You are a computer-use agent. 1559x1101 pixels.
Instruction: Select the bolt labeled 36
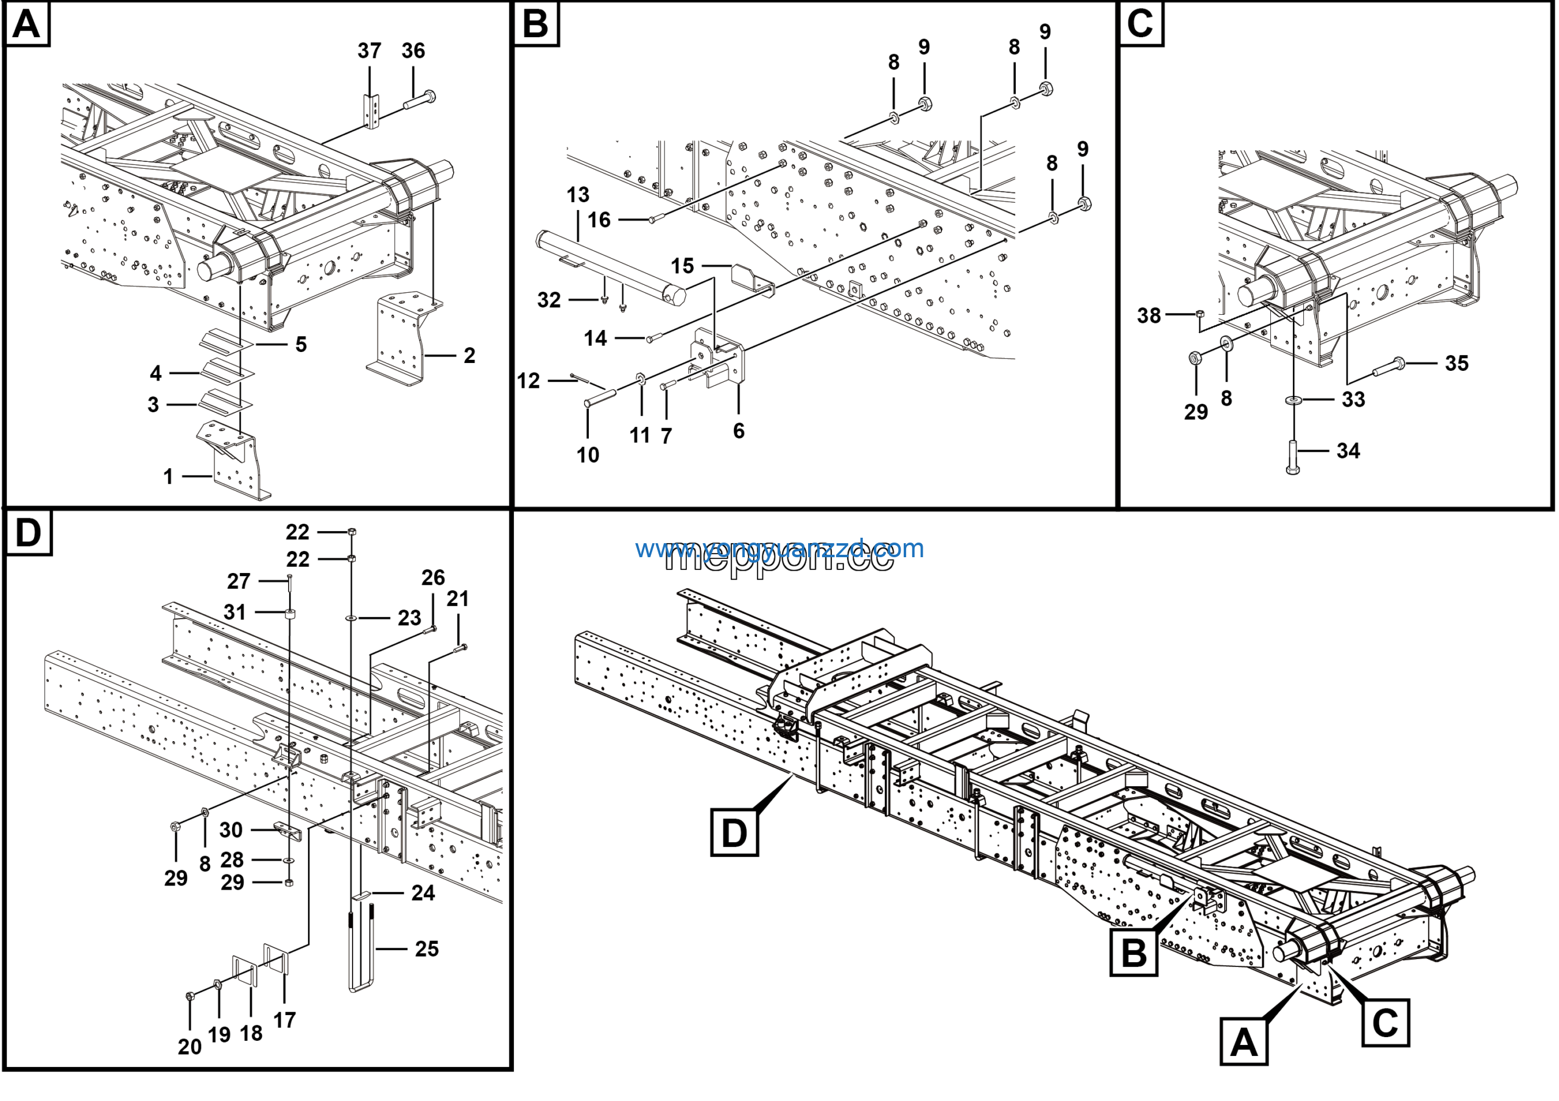(420, 100)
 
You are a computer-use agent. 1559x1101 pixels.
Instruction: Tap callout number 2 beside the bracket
(469, 355)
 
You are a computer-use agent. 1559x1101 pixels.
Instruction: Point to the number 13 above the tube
(578, 195)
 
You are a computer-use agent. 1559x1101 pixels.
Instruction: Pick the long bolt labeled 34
(1293, 456)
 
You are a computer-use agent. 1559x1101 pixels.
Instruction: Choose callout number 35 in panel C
(1457, 363)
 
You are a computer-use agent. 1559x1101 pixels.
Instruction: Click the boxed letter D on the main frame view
(734, 832)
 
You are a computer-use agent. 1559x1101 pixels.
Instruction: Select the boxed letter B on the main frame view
(1133, 952)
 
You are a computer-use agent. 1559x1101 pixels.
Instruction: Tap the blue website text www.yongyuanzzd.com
(779, 548)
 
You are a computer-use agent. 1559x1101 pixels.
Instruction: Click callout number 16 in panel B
(599, 219)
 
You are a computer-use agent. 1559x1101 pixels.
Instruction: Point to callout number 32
(549, 300)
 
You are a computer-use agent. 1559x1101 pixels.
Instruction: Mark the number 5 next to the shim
(301, 344)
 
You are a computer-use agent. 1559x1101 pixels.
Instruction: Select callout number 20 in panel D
(189, 1047)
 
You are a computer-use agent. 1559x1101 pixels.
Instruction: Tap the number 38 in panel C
(1149, 315)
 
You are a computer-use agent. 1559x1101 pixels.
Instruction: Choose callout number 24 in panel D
(423, 893)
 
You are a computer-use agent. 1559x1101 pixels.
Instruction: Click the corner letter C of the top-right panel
(1140, 23)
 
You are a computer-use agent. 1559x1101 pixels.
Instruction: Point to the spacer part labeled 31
(290, 615)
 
